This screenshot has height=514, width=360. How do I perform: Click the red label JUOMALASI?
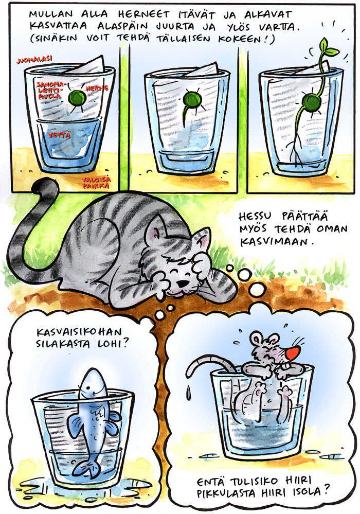(34, 60)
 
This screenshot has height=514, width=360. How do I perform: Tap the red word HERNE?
(97, 88)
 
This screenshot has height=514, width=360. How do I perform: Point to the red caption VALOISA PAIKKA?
(96, 183)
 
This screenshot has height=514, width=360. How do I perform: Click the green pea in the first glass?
(77, 97)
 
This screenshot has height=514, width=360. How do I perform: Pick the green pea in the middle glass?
(189, 98)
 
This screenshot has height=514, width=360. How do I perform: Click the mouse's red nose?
(293, 353)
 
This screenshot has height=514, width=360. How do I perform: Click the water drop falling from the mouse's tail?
(188, 392)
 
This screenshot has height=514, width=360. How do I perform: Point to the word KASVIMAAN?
(275, 242)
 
